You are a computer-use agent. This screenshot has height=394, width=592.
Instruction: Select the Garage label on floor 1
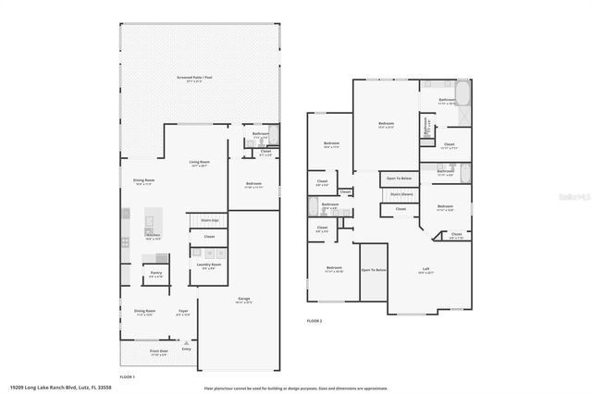coord(244,300)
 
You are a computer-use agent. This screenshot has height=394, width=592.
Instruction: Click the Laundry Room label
coord(208,265)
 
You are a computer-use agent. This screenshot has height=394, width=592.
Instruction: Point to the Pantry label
coord(155,274)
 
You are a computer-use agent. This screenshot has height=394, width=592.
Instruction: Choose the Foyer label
coord(183,312)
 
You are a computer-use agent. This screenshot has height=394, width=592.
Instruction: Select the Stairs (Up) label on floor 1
coord(209,221)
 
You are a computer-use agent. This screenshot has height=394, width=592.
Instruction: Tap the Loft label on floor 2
coord(425,271)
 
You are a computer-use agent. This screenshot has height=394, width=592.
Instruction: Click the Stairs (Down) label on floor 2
coord(401,194)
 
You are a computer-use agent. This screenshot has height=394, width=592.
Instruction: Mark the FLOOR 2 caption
coord(315,321)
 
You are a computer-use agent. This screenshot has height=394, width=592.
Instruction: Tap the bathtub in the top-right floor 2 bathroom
coord(463,96)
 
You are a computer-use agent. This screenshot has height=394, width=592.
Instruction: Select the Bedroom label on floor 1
coord(254,184)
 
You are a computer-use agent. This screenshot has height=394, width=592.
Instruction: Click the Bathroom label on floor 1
coord(261,135)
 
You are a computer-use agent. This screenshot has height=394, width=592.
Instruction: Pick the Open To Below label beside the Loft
coord(373,270)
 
